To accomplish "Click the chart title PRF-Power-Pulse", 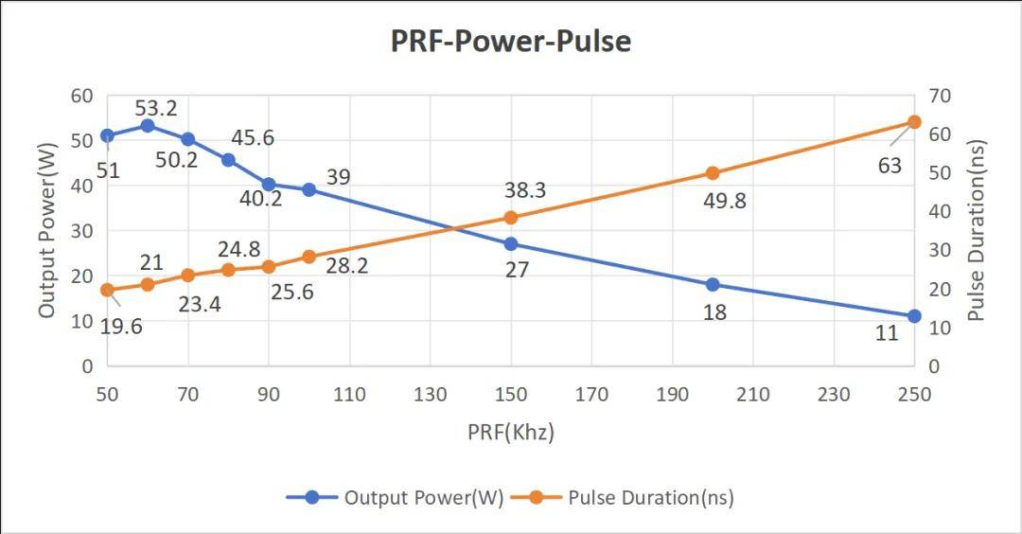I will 510,42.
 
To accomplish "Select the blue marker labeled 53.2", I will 148,126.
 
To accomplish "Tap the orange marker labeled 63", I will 914,122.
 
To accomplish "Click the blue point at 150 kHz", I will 511,243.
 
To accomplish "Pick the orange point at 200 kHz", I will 713,173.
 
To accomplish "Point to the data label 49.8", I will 725,201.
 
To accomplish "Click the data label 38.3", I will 524,190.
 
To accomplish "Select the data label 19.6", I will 120,328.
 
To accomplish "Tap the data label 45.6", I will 253,138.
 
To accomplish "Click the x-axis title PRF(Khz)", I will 511,432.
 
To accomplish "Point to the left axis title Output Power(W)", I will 47,230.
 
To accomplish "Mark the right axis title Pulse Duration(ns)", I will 977,230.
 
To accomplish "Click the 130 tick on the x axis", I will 431,394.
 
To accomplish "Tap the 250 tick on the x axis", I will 914,394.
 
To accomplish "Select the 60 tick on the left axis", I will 82,96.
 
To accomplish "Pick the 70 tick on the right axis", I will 940,96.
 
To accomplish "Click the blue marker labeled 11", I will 914,316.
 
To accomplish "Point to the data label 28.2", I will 346,266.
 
